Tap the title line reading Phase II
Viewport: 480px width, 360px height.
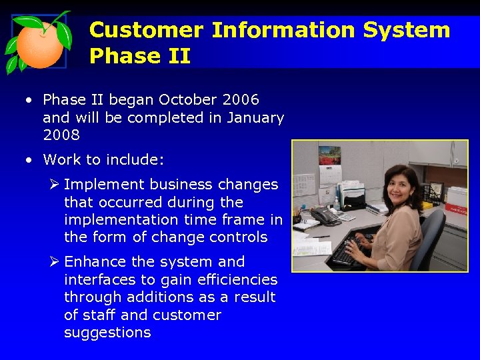click(139, 56)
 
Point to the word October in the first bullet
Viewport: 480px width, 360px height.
click(179, 100)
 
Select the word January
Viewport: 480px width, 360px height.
click(255, 118)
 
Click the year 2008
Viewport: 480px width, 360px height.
click(61, 135)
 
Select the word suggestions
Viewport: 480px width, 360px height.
click(107, 333)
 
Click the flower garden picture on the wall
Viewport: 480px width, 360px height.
click(329, 155)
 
